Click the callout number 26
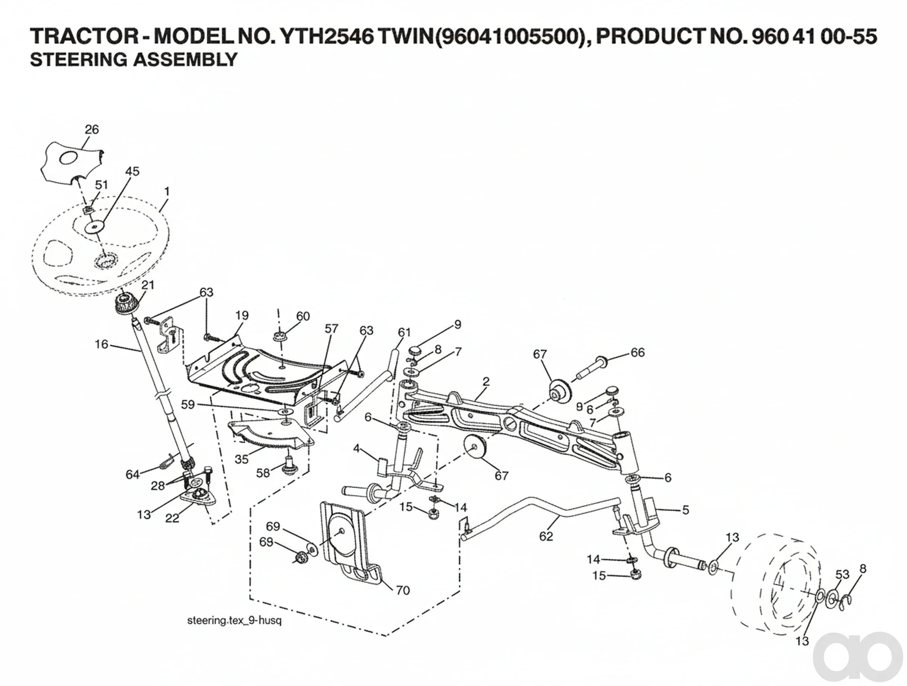(92, 129)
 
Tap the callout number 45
(132, 171)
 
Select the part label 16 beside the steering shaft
(101, 344)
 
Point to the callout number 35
(242, 459)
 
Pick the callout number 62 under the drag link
(546, 536)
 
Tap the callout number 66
(638, 352)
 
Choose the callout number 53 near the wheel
(842, 574)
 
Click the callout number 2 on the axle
(486, 382)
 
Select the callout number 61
(404, 332)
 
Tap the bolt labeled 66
(593, 368)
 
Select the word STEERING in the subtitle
(79, 60)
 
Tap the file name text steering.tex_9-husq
(234, 620)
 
